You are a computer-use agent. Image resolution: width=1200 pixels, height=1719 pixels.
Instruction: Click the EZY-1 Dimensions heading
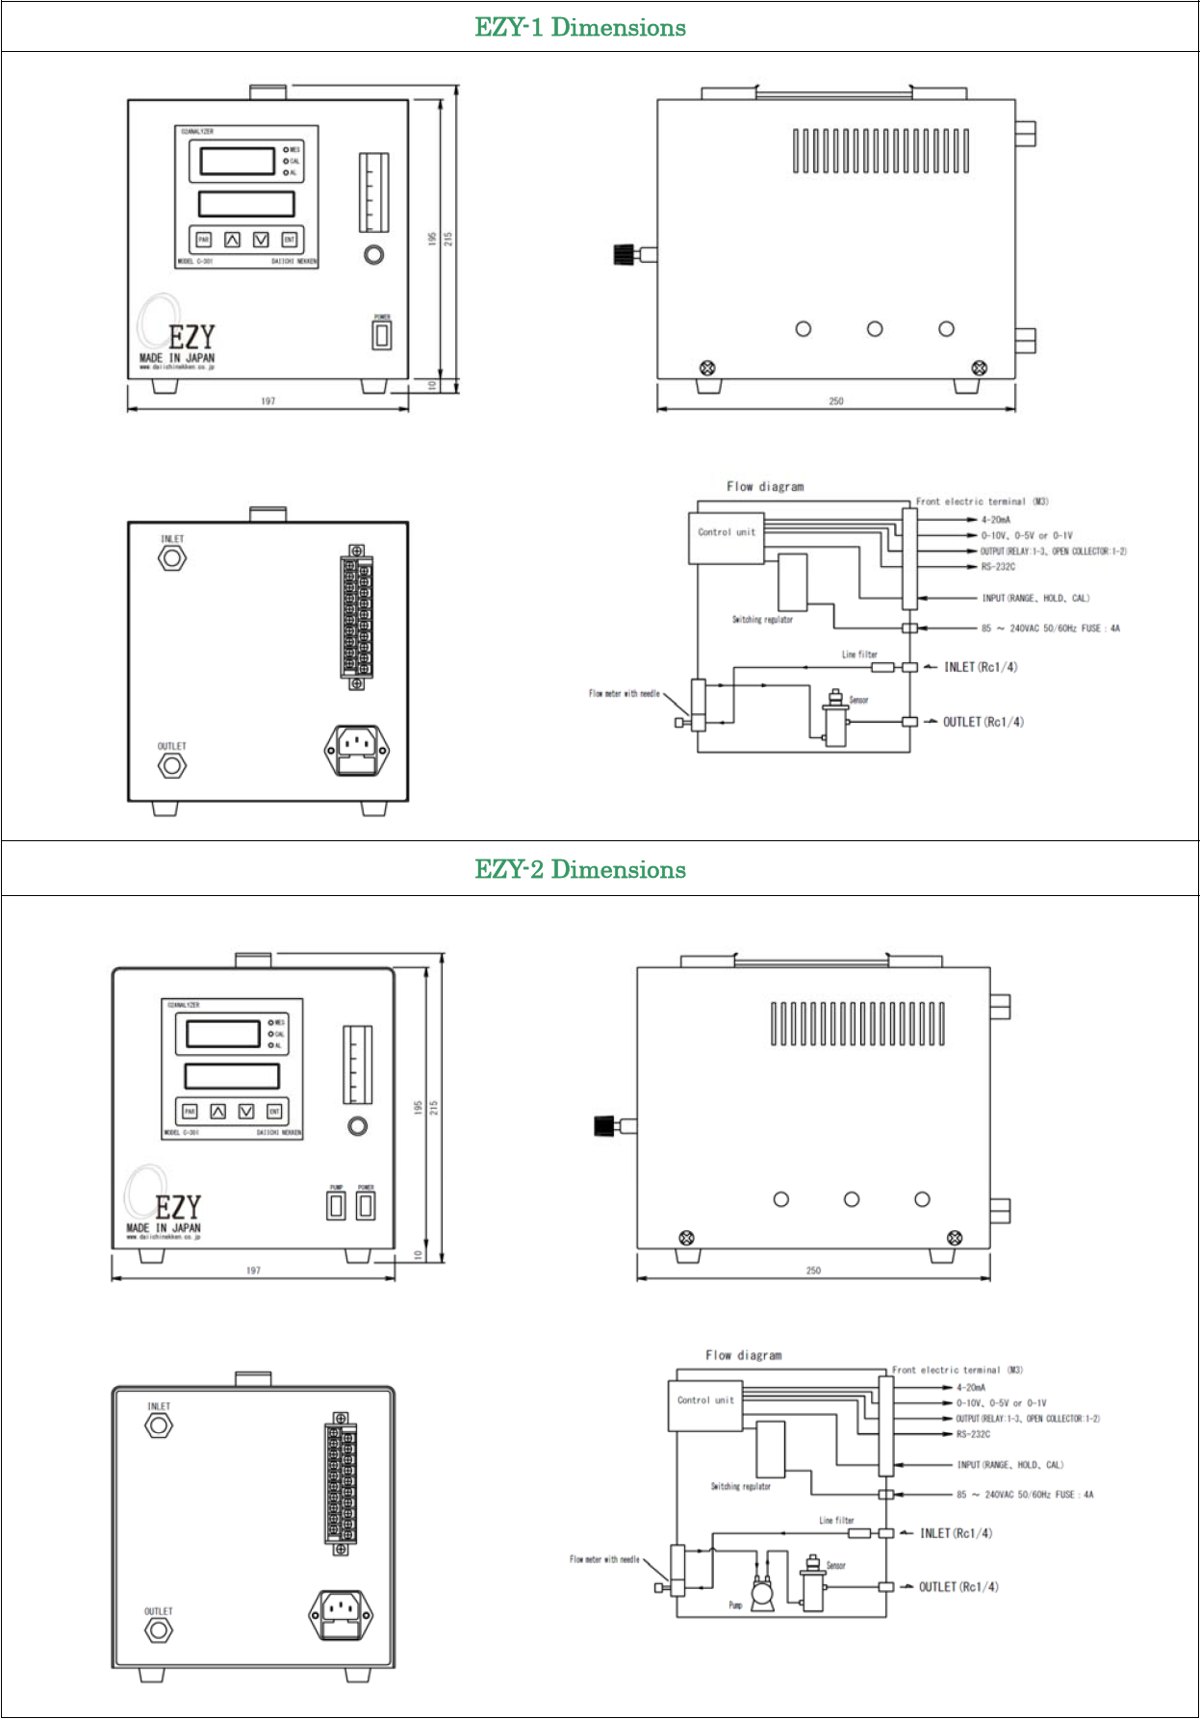click(x=580, y=27)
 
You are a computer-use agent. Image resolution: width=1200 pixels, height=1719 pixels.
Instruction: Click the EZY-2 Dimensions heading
click(x=580, y=869)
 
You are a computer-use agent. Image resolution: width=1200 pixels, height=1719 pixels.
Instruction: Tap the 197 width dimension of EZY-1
click(x=268, y=401)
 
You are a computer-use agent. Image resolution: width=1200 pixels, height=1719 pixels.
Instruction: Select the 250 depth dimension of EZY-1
click(x=836, y=401)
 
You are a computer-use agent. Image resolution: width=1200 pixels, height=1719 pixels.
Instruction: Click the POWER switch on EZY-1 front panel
click(x=382, y=335)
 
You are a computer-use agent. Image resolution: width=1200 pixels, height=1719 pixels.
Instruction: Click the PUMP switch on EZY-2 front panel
click(x=336, y=1206)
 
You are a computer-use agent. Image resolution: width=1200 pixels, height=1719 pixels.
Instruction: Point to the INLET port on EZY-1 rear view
click(x=172, y=557)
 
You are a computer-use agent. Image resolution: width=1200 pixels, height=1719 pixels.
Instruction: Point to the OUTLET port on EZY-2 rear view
click(x=159, y=1630)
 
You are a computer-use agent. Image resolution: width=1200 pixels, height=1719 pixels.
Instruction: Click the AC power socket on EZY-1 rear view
click(x=357, y=749)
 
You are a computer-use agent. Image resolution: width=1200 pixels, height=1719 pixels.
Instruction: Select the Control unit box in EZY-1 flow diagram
click(x=727, y=538)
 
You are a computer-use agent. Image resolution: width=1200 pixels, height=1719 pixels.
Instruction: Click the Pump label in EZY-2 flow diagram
click(x=735, y=1605)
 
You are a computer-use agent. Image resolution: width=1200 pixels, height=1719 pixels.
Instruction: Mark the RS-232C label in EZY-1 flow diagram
click(x=998, y=567)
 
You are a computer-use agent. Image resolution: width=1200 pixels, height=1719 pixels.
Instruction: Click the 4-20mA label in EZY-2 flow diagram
click(x=971, y=1388)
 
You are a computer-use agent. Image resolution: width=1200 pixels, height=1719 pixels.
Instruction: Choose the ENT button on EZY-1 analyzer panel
click(x=289, y=240)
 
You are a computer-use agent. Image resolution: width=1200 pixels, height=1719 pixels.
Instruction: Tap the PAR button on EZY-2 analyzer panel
click(x=190, y=1112)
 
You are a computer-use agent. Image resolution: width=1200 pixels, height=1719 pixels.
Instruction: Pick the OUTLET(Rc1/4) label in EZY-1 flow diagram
click(x=983, y=722)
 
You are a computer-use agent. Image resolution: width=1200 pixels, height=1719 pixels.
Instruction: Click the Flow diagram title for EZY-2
click(x=744, y=1355)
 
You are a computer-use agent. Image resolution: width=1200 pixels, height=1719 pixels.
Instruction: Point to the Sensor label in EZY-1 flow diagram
click(x=859, y=701)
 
